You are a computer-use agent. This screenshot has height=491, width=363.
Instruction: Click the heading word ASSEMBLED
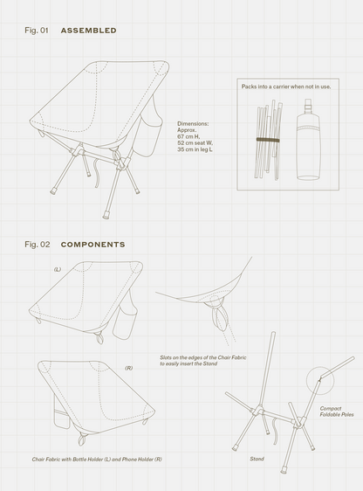88,31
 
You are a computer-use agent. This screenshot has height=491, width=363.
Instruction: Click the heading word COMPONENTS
92,245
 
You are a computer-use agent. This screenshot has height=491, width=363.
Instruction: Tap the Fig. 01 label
37,31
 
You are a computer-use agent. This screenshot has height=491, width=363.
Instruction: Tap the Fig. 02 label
38,245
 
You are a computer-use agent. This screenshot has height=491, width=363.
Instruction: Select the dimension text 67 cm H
188,136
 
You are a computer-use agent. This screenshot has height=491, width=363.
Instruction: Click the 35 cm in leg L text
195,149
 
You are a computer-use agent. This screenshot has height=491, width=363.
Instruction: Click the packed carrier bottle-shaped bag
308,140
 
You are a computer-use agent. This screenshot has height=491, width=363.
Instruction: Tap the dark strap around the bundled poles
268,140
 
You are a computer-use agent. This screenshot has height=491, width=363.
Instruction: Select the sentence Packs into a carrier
286,86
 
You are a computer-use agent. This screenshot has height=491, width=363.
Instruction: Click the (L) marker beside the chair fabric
58,269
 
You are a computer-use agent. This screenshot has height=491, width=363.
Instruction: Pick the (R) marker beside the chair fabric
129,369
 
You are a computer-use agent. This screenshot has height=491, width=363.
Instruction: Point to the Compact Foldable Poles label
337,411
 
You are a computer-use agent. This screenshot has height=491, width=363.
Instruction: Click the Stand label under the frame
257,459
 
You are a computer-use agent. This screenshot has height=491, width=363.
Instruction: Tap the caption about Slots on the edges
203,361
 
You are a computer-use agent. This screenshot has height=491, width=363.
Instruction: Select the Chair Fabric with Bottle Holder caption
97,460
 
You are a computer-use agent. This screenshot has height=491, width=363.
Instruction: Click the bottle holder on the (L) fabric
125,321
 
